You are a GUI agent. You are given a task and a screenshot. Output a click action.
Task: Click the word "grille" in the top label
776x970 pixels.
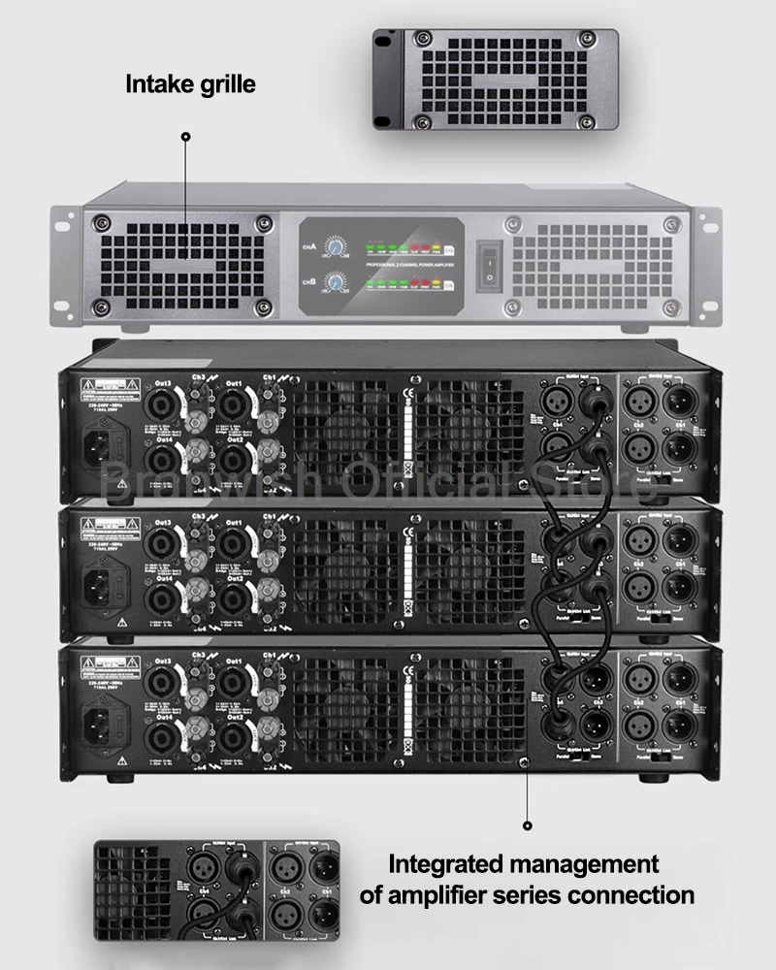pos(225,84)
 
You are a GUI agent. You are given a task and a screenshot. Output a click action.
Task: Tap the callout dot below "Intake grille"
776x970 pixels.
pos(186,138)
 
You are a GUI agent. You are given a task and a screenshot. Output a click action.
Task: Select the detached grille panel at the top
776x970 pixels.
pos(495,80)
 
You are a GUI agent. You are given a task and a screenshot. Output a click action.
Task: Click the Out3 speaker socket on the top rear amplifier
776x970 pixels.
pos(161,400)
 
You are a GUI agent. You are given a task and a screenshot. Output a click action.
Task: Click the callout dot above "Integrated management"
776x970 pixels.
pos(528,826)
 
